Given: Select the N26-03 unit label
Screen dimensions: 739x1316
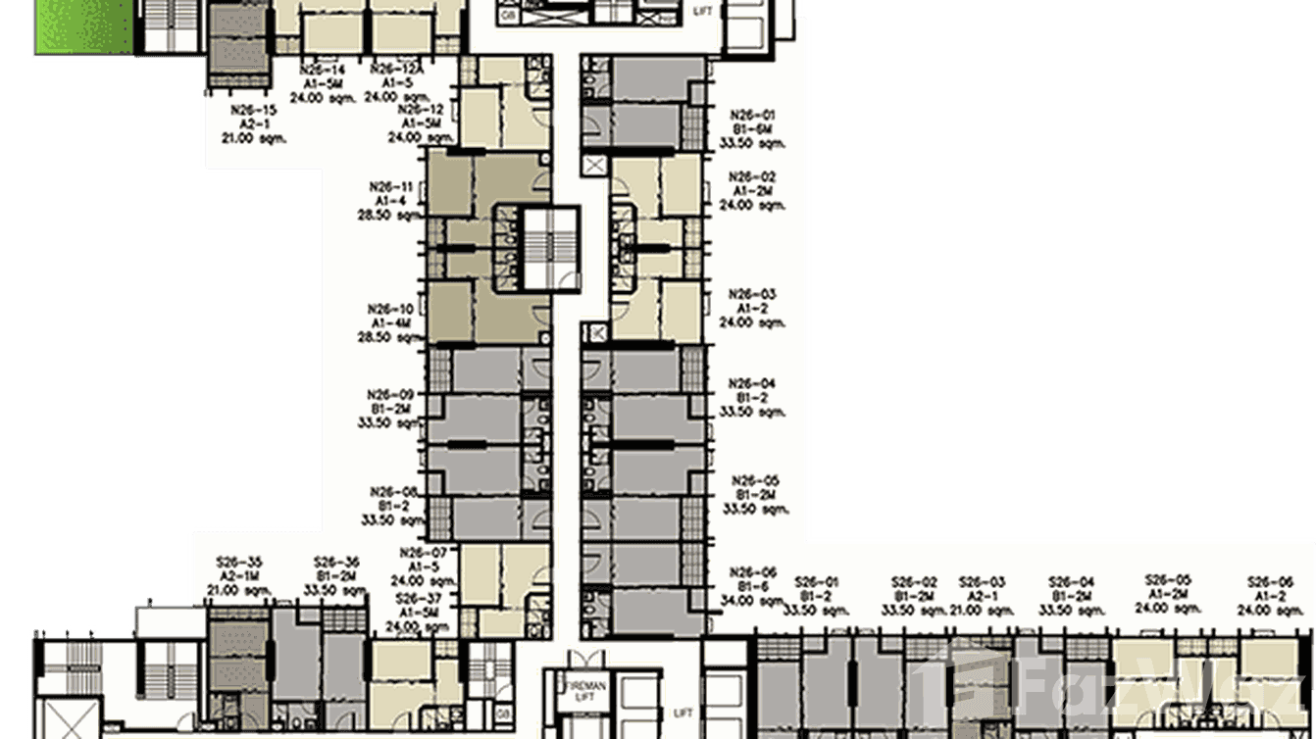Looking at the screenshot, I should click(x=753, y=294).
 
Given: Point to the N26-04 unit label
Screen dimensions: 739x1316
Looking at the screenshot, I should click(x=753, y=383).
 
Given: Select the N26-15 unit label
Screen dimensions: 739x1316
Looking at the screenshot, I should click(x=254, y=111).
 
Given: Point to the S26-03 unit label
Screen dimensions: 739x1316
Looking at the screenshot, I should click(x=983, y=581).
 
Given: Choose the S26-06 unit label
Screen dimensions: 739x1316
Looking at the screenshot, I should click(x=1270, y=581).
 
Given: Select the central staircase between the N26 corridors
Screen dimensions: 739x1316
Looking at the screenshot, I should click(x=537, y=247).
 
